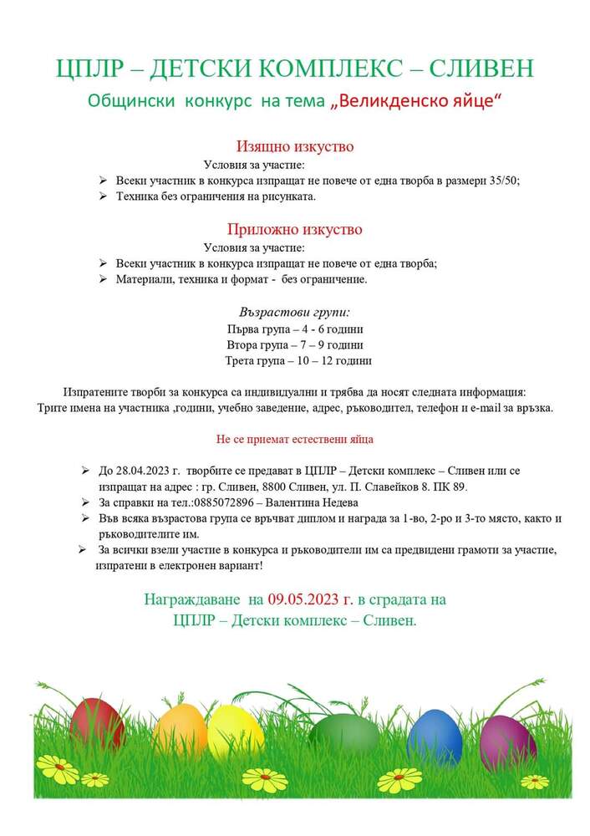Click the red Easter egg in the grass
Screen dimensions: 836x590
[97, 722]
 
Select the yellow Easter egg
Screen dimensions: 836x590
[235, 731]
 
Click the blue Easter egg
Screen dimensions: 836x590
[435, 735]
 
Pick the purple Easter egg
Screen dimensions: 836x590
[507, 741]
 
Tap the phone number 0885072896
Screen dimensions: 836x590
[222, 502]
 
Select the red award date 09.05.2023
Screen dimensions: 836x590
[306, 599]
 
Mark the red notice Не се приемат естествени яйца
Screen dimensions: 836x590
[294, 438]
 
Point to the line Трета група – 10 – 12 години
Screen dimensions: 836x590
[298, 361]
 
